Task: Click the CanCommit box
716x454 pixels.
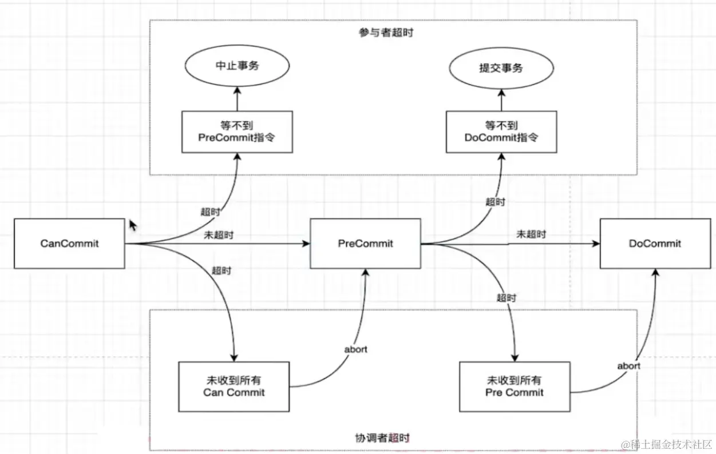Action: [x=69, y=244]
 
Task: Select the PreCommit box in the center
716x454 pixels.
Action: [x=365, y=244]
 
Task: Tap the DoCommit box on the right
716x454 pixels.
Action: [x=655, y=244]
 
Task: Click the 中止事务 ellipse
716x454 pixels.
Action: [x=237, y=66]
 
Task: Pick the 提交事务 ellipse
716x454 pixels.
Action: [x=501, y=67]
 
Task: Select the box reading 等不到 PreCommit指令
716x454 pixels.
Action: [x=237, y=132]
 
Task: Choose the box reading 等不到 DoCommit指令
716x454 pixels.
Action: [x=501, y=132]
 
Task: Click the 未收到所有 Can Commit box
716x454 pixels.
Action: [x=234, y=387]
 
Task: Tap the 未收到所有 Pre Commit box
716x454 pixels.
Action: [x=514, y=387]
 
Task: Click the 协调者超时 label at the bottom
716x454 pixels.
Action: [x=382, y=439]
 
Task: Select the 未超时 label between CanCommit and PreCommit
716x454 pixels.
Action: [x=218, y=235]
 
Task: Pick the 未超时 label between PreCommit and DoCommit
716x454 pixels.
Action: [x=531, y=234]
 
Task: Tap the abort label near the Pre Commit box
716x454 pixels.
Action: [x=628, y=366]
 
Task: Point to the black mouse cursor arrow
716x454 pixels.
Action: [x=133, y=225]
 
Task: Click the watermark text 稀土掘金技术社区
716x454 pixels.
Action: [x=667, y=444]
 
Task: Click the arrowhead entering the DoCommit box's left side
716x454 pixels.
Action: [x=596, y=244]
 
